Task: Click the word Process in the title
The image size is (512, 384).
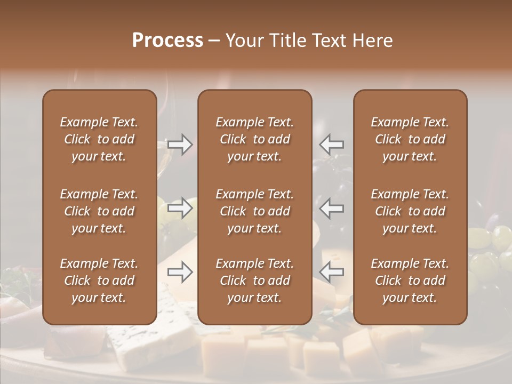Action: [167, 41]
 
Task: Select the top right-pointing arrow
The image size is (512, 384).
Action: [180, 144]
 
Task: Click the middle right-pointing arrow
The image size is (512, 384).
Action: [180, 208]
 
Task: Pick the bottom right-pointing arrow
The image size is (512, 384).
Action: [180, 273]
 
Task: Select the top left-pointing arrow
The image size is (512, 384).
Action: [332, 144]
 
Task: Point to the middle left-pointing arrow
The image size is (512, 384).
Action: [332, 208]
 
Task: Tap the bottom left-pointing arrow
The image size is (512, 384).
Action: [332, 273]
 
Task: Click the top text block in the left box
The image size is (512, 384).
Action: [99, 139]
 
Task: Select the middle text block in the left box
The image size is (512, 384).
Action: [99, 211]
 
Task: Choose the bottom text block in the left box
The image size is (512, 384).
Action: [99, 281]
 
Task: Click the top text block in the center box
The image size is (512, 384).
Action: [254, 139]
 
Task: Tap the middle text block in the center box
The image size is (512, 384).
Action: [254, 211]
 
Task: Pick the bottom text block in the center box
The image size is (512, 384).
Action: [254, 281]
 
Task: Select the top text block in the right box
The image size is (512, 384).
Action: [410, 139]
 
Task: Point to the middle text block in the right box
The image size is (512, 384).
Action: [410, 211]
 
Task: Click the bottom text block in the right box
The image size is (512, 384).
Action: [410, 281]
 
